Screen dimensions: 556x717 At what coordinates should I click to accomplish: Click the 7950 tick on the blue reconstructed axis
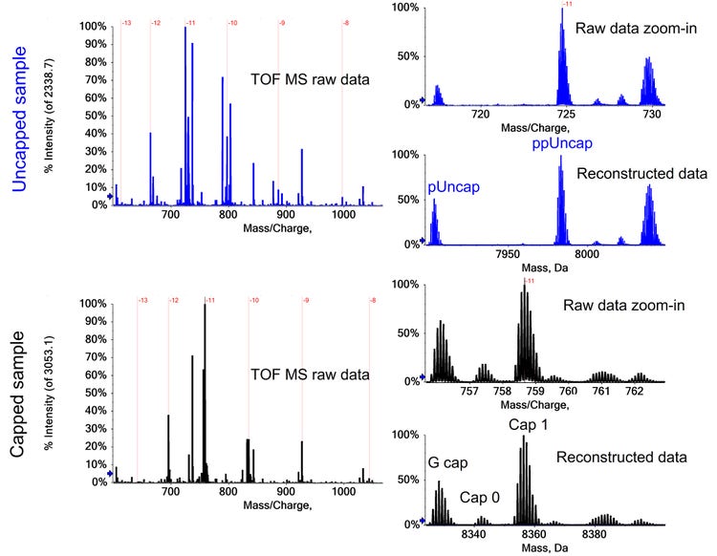[507, 255]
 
